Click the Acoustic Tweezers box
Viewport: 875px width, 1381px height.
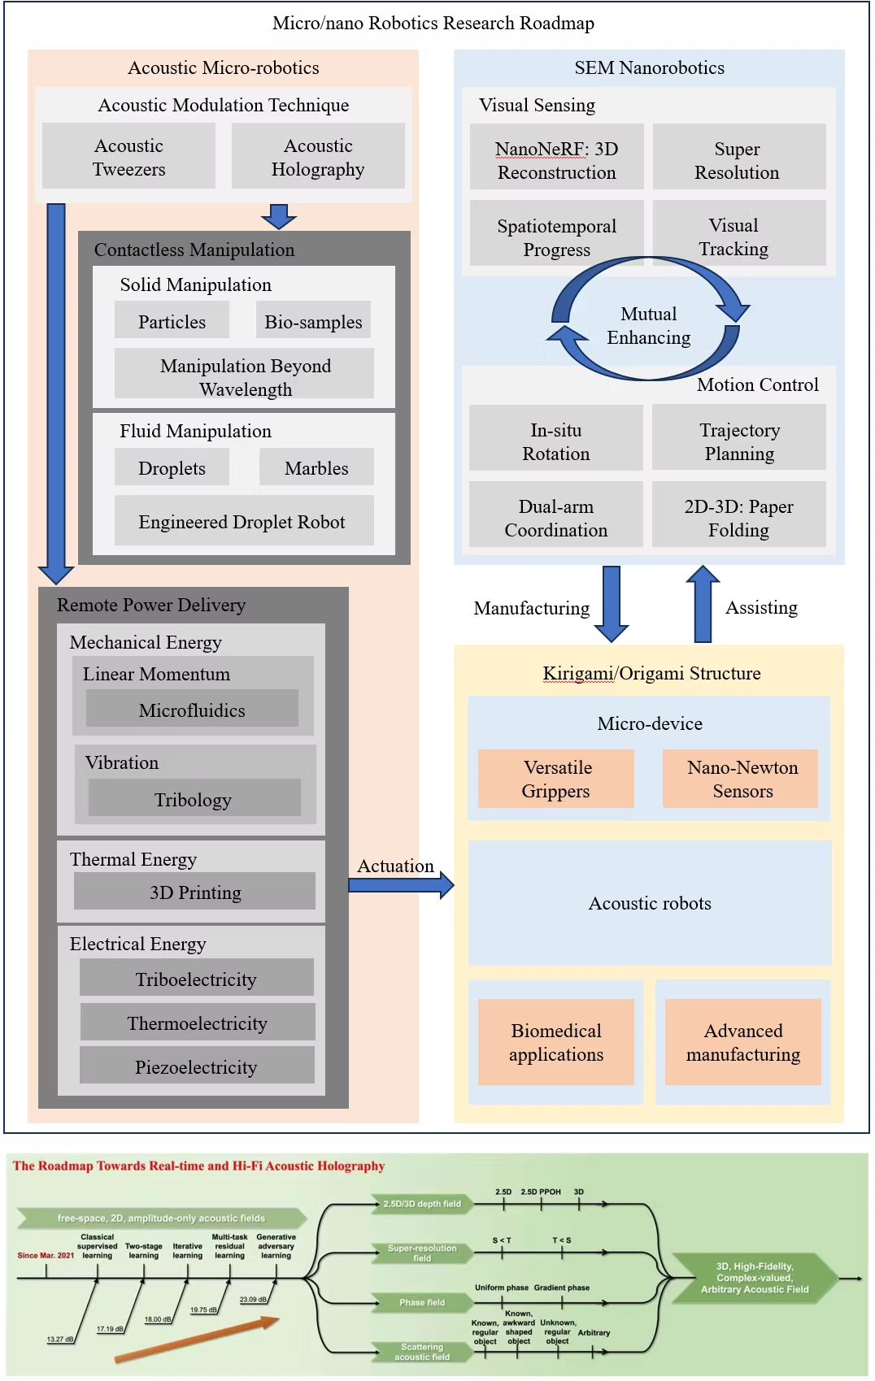click(x=128, y=157)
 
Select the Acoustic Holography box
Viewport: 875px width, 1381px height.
click(x=318, y=157)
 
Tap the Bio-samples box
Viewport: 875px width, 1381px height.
click(x=313, y=321)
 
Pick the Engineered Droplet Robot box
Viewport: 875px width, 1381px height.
click(x=242, y=521)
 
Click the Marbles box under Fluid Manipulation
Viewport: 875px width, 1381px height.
click(x=316, y=467)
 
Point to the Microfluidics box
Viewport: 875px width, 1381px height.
click(x=192, y=710)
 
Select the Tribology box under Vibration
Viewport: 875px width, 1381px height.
click(x=194, y=799)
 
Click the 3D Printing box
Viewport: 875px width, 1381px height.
click(x=195, y=892)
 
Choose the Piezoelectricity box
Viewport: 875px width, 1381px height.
click(x=196, y=1066)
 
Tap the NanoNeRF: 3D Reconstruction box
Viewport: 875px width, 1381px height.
click(x=557, y=160)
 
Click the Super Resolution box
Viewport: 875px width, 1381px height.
click(x=738, y=160)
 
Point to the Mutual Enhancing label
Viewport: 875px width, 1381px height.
click(x=648, y=325)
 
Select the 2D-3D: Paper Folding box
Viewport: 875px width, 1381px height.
click(x=738, y=518)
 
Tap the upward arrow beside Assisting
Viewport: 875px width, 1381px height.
click(x=703, y=603)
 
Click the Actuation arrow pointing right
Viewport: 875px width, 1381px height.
click(x=401, y=884)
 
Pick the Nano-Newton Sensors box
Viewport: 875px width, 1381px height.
click(x=742, y=779)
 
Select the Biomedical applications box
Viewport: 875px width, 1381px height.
click(x=556, y=1042)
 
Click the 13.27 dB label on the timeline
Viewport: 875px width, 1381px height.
click(x=60, y=1339)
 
